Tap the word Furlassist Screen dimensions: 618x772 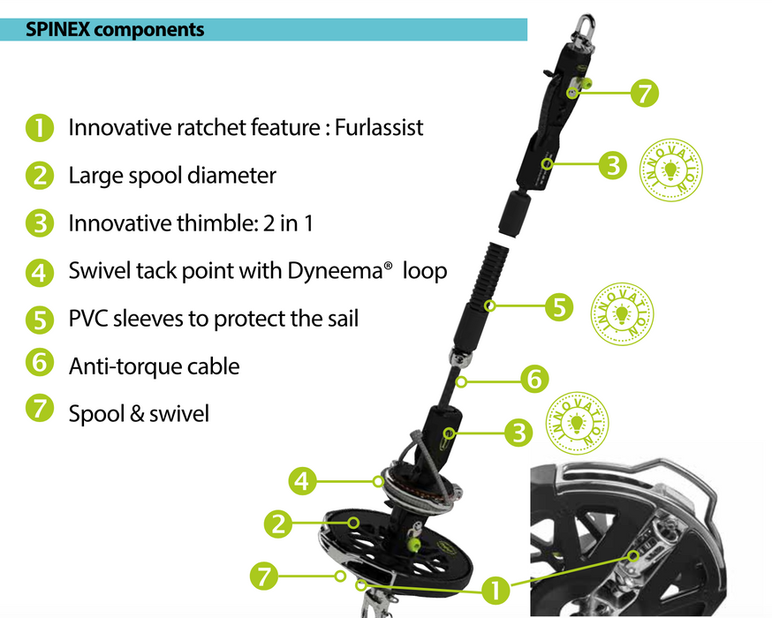point(379,127)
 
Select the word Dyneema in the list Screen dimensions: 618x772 point(336,271)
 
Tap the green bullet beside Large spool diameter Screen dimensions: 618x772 point(39,176)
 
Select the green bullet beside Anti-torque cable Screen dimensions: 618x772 point(39,366)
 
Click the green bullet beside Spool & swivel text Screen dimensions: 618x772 point(39,413)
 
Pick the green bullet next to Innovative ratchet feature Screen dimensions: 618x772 point(39,128)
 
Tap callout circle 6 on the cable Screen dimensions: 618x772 point(534,381)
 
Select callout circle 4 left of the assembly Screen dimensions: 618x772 point(302,482)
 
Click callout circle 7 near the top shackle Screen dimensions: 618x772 point(645,92)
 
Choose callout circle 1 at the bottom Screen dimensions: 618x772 point(495,586)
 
